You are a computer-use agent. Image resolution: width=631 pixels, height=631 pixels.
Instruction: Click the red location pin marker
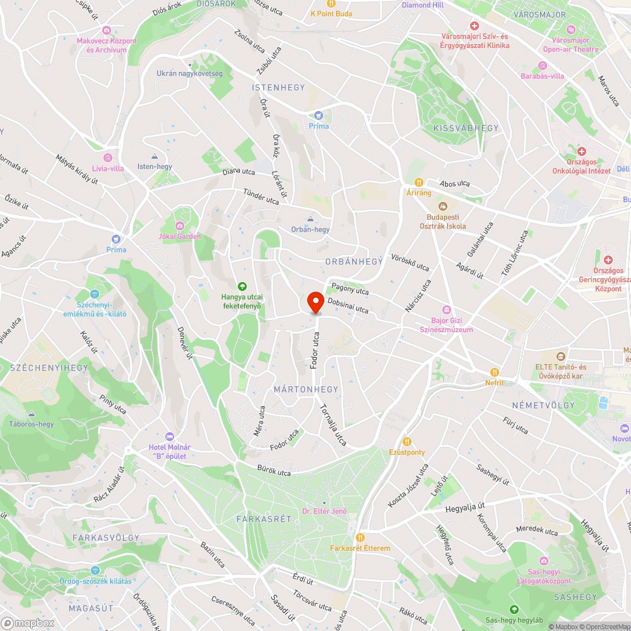(315, 302)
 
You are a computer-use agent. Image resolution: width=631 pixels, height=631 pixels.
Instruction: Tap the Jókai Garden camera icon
(180, 226)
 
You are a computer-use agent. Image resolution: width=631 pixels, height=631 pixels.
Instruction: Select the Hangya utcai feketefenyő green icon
(242, 286)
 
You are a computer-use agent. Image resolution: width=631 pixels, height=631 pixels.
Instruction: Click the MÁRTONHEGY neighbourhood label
(306, 389)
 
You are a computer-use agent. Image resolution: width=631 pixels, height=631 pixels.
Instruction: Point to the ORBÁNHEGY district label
(354, 261)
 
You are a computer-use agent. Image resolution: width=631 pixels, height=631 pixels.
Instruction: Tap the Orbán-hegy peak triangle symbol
(310, 219)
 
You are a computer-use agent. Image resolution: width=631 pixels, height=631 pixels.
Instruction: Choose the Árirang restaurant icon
(418, 182)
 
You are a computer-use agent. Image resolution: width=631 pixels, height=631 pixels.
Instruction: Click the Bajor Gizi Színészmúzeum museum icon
(447, 309)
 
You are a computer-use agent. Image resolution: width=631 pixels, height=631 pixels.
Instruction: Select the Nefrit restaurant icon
(495, 372)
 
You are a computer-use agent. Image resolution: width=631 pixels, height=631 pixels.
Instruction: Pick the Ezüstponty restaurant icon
(407, 442)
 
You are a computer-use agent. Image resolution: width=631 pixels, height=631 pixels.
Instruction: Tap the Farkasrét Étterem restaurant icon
(360, 538)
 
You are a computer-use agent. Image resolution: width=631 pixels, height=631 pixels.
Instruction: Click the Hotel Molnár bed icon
(169, 437)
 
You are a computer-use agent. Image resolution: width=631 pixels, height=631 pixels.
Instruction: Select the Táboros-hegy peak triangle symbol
(32, 413)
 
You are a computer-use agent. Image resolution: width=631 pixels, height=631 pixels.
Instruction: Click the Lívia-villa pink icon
(108, 158)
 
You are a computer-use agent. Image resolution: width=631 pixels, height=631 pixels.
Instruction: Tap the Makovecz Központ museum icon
(107, 30)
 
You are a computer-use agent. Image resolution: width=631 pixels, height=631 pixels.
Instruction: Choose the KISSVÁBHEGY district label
(466, 128)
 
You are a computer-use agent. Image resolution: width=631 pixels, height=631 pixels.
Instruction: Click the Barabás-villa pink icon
(543, 66)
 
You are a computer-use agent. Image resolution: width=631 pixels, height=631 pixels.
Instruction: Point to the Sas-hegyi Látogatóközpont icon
(543, 560)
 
